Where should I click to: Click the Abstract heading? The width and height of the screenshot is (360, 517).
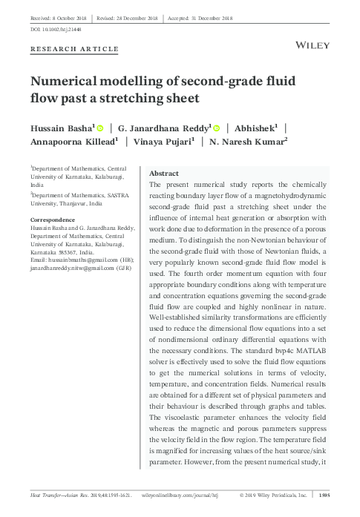166,172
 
